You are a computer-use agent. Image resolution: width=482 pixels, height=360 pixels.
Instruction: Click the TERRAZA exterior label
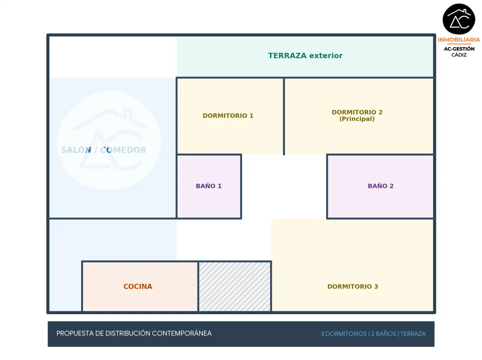point(305,56)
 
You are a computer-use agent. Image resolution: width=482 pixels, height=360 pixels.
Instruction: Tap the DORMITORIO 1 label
point(228,116)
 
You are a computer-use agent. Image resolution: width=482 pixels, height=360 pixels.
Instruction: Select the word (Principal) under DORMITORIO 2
point(357,119)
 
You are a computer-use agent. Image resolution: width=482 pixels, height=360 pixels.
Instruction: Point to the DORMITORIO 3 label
point(353,286)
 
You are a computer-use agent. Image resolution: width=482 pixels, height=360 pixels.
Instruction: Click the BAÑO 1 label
point(208,186)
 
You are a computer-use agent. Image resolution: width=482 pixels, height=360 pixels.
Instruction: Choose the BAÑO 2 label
point(380,186)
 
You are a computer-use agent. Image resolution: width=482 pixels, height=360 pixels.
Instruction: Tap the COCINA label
point(138,286)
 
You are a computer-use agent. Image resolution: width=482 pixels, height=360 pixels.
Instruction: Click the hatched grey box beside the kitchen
point(234,286)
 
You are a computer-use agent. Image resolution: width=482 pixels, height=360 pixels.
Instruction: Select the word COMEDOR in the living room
point(123,150)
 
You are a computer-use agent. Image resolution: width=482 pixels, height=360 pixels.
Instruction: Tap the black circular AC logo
point(459,19)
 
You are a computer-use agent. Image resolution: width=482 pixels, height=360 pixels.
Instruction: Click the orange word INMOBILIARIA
point(459,40)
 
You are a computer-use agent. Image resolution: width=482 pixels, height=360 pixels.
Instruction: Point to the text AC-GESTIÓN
point(459,49)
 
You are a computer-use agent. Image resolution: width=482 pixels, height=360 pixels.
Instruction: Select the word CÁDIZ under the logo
point(459,55)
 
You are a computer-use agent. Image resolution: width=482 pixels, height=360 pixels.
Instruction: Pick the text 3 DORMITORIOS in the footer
point(344,334)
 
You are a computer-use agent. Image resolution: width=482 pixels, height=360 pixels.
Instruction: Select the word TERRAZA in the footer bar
point(413,334)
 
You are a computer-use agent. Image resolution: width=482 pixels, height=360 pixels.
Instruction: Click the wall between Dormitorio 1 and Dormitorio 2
point(284,116)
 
